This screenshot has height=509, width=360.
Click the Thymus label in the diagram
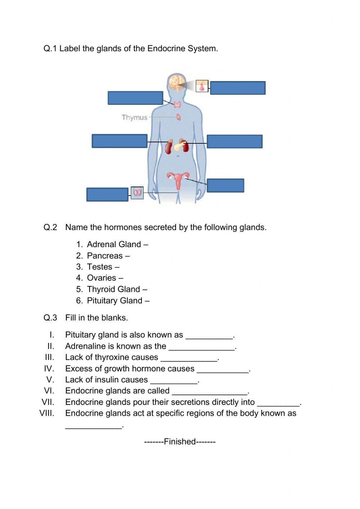[x=134, y=117]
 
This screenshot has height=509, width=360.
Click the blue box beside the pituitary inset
[x=238, y=88]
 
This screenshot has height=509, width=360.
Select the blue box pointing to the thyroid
[x=135, y=98]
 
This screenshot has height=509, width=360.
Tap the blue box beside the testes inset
[x=107, y=195]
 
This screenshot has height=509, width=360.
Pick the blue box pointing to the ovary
[x=225, y=186]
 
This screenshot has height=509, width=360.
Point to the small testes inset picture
[x=137, y=193]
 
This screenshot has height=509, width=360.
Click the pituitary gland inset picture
[x=202, y=86]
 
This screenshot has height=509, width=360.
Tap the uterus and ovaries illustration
[x=178, y=180]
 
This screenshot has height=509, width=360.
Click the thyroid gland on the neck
[x=177, y=105]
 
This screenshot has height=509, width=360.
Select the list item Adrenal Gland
[x=114, y=245]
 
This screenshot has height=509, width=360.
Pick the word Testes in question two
[x=100, y=267]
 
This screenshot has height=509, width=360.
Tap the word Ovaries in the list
[x=102, y=278]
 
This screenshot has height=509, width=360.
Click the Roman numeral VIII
[x=47, y=413]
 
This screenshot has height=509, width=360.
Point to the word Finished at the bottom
[x=180, y=442]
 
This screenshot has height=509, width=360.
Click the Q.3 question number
[x=50, y=318]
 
